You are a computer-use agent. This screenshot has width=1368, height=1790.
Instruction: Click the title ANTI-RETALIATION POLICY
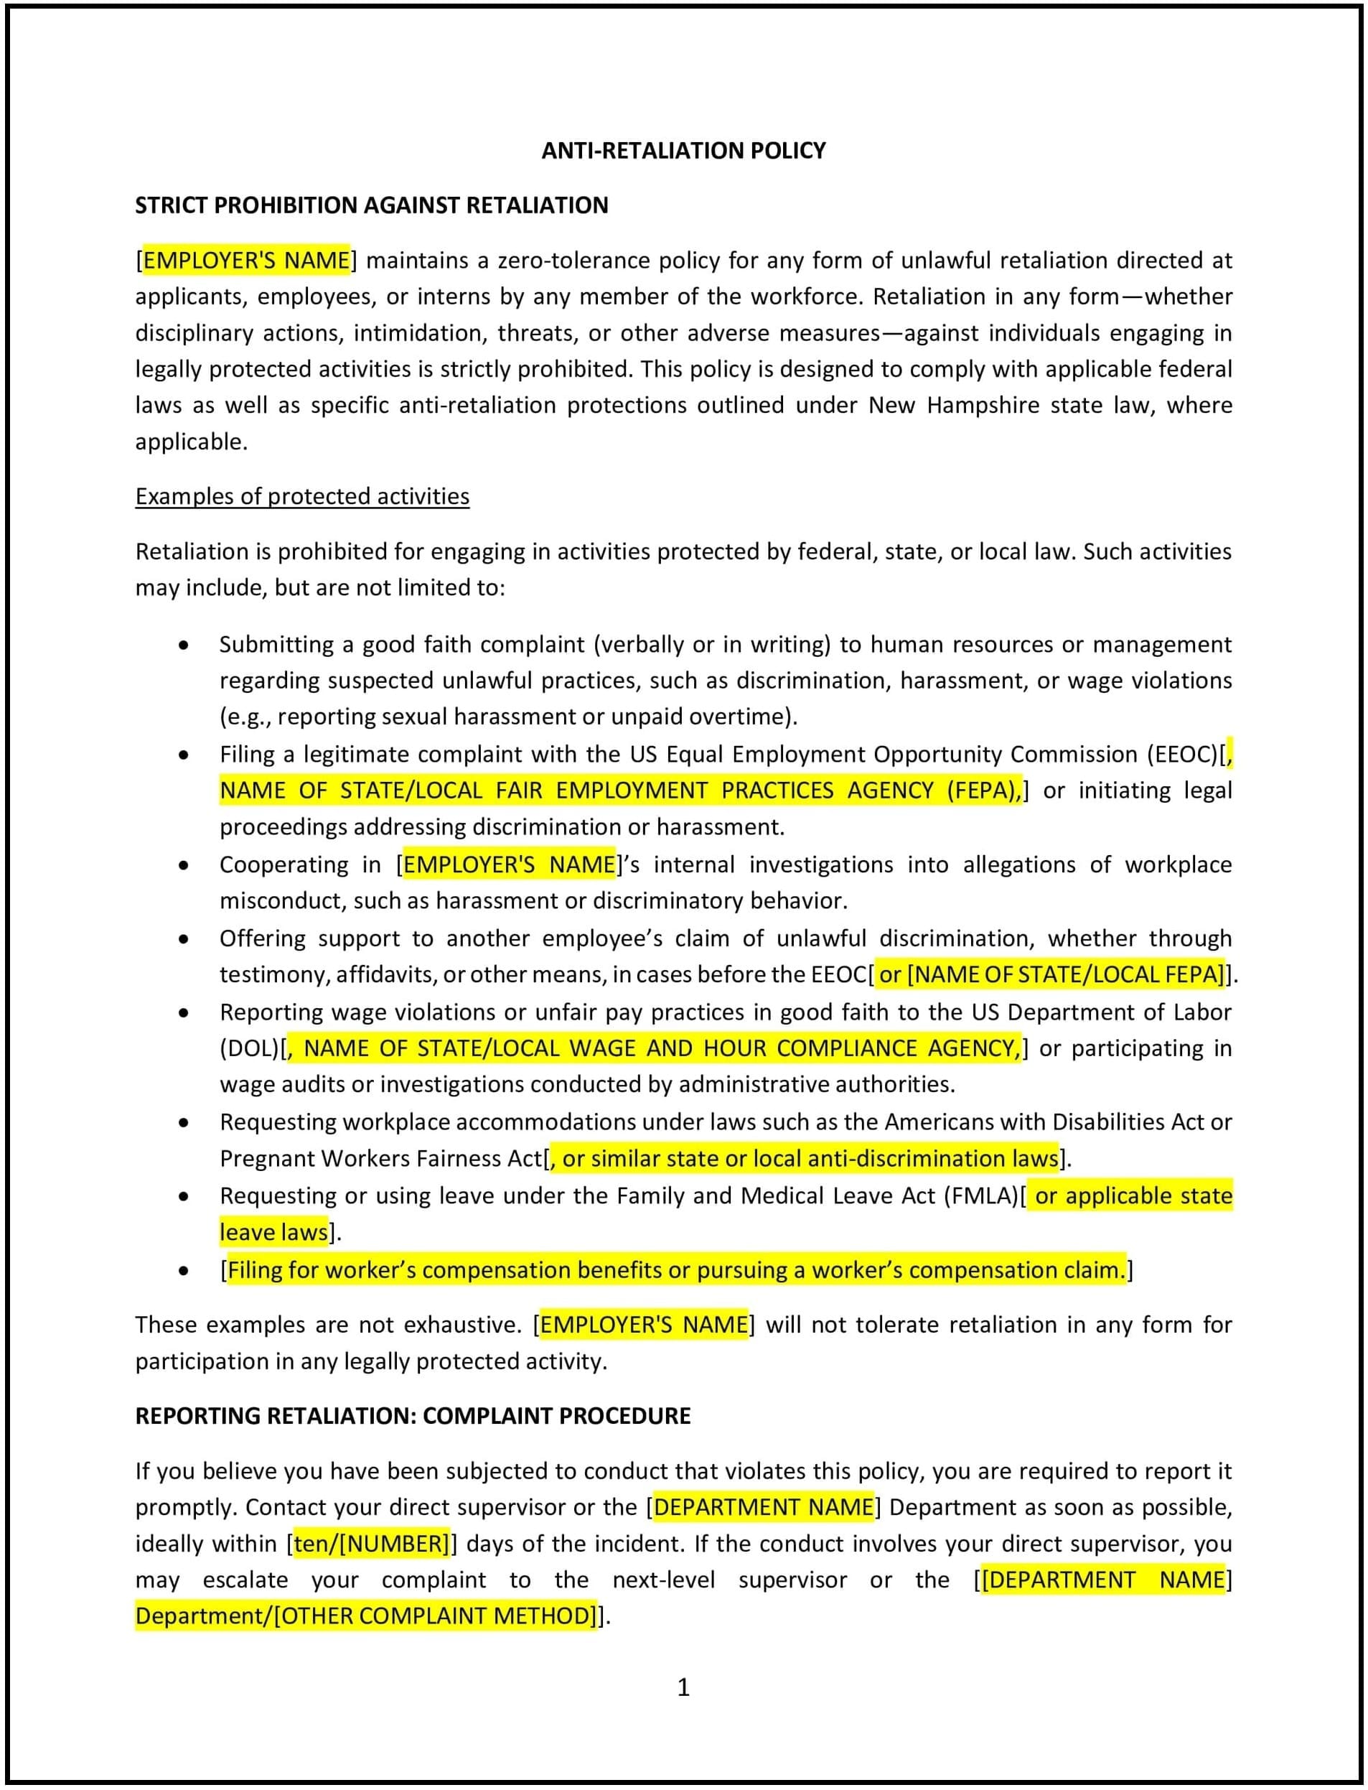[683, 151]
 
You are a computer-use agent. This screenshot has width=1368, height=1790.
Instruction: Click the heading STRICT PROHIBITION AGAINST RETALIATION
[371, 205]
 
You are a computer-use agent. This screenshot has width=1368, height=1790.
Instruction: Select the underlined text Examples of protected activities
[302, 496]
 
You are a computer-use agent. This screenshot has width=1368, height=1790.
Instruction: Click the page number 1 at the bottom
[683, 1687]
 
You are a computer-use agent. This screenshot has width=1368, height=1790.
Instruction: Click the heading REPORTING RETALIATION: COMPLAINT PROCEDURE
[412, 1415]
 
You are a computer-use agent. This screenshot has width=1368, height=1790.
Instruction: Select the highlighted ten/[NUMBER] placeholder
[371, 1543]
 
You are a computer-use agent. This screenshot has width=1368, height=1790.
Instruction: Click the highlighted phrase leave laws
[273, 1232]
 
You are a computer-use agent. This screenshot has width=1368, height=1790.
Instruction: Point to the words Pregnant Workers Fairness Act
[380, 1158]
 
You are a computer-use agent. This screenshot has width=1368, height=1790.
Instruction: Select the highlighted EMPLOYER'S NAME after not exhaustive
[643, 1324]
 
